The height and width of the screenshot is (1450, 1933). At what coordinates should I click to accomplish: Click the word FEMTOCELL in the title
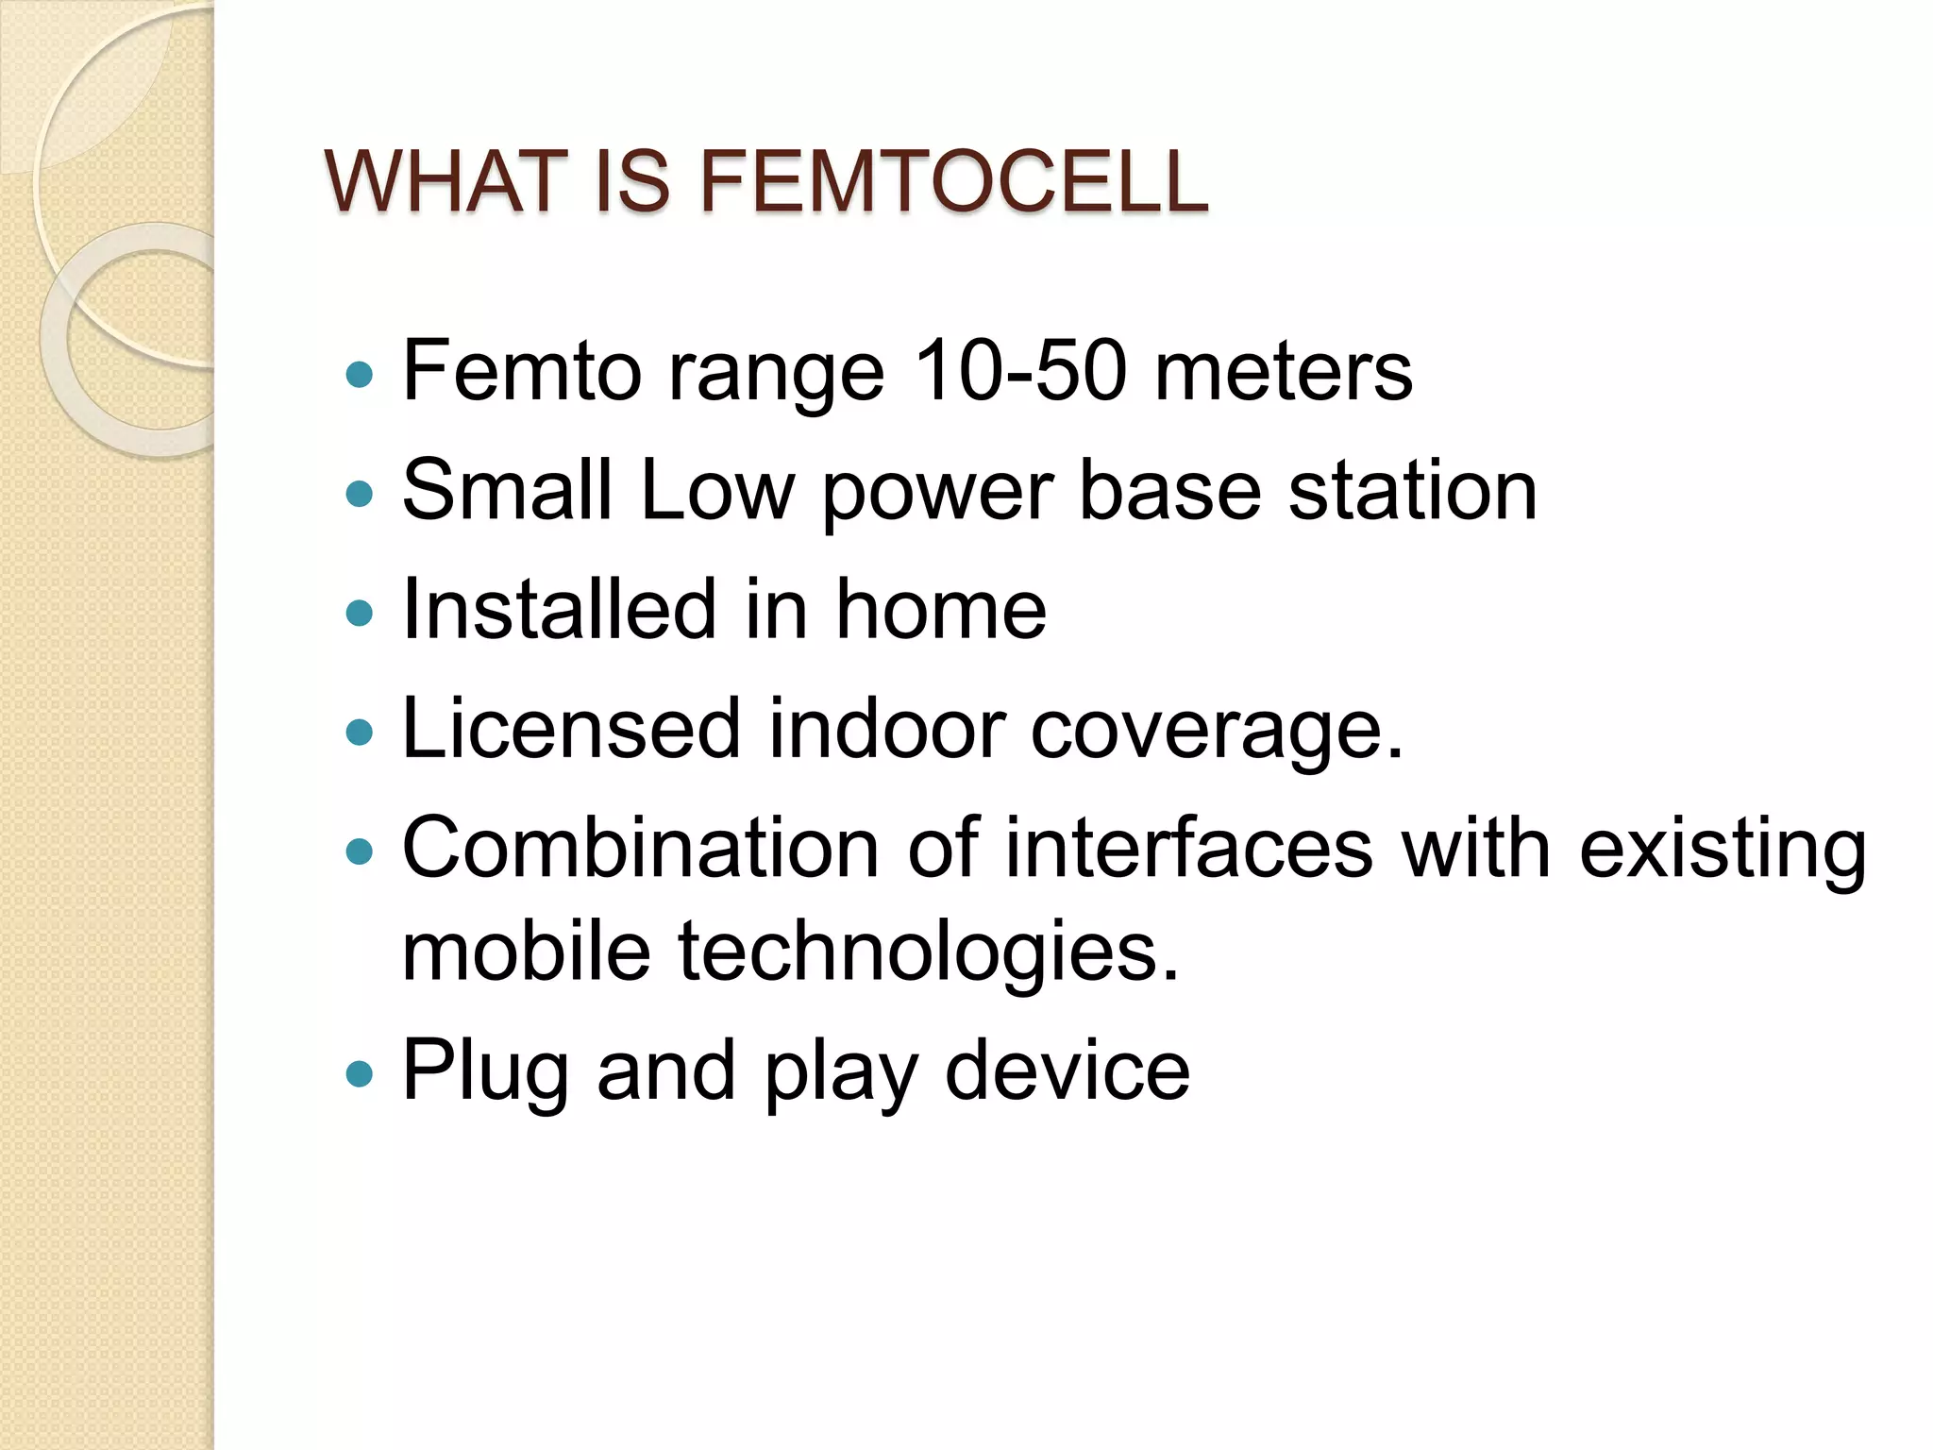pos(953,181)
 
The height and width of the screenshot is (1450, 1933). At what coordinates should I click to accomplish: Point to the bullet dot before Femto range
pos(360,375)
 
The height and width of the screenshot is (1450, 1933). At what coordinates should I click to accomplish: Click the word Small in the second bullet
pos(507,489)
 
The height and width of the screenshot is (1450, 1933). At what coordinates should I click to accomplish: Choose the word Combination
pos(641,848)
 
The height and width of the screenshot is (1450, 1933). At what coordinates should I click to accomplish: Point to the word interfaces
pos(1188,848)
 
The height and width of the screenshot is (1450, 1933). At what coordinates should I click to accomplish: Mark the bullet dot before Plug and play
pos(360,1073)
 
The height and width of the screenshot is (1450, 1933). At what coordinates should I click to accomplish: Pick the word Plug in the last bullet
pos(485,1072)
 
